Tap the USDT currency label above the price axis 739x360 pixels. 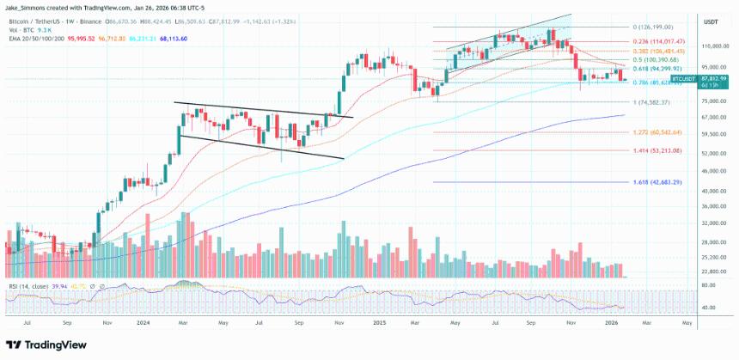point(711,22)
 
